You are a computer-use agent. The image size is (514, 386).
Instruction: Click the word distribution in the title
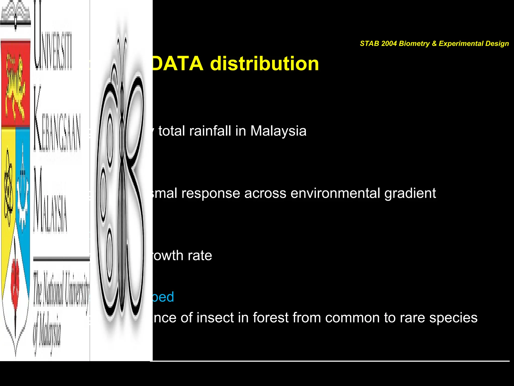coord(265,64)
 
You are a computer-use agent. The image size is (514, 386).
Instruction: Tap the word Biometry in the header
coord(414,43)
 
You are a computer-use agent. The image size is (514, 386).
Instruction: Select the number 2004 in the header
coord(389,43)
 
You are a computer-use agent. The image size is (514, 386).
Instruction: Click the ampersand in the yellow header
coord(434,43)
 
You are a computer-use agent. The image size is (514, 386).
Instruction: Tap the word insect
coord(215,318)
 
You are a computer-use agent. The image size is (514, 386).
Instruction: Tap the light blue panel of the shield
coord(23,191)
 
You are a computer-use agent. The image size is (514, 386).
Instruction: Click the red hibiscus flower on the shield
coord(15,284)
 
